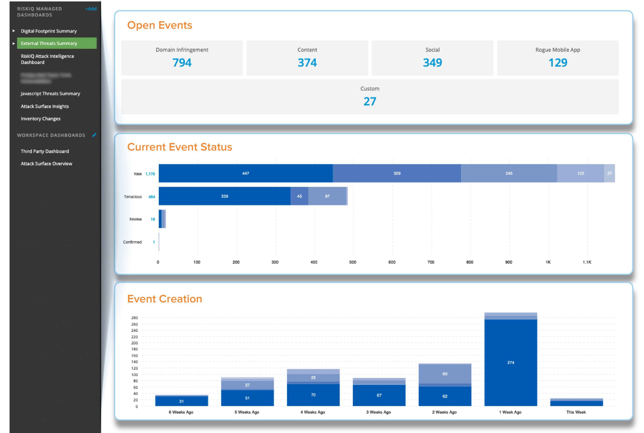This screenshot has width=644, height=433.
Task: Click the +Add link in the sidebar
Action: point(91,9)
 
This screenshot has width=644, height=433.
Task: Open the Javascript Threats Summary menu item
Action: point(50,94)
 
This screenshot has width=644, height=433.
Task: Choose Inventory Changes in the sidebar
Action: point(40,119)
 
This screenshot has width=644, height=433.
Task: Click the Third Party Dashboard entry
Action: point(45,151)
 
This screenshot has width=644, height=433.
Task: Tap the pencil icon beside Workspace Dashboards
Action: point(94,135)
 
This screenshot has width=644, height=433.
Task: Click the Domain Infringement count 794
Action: point(182,63)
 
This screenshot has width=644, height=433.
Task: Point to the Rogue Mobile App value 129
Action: point(557,63)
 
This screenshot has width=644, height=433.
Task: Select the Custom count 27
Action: point(370,101)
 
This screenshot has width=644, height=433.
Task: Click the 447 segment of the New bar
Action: point(245,174)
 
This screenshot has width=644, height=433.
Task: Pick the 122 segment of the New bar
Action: point(580,174)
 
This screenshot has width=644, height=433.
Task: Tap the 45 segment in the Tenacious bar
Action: point(299,196)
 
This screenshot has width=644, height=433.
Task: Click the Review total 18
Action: point(152,219)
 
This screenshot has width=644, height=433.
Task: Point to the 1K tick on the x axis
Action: point(548,262)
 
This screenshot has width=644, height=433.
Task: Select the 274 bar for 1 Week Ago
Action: point(511,363)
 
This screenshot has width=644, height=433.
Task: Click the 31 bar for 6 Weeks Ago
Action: point(181,401)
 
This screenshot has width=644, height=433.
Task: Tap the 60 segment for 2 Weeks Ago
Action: point(445,374)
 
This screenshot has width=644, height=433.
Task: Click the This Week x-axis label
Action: point(576,412)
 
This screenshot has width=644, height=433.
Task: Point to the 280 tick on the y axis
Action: point(135,318)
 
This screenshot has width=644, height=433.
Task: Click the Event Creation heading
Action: point(165,299)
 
